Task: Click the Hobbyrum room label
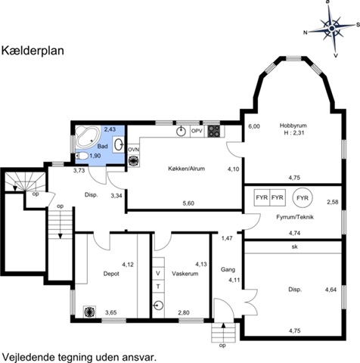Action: coord(293,126)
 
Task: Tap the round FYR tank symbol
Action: coord(303,198)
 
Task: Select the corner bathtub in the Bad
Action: coord(88,136)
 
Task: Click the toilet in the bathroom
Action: coord(82,156)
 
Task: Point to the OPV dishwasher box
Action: coord(197,131)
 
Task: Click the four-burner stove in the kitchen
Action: coord(213,132)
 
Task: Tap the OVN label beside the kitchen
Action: coord(133,150)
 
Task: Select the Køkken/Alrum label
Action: coord(187,169)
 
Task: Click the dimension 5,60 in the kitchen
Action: coord(188,203)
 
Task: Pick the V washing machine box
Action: coord(158,273)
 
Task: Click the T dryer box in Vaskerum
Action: coord(158,287)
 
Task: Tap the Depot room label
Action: coord(111,274)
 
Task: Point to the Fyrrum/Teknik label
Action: coord(295,217)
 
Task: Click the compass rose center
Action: coord(332,28)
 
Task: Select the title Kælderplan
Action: coord(33,51)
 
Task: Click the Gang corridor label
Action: coord(228,270)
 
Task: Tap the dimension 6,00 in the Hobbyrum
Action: coord(254,126)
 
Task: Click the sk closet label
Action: coord(294,247)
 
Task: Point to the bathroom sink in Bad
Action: coord(118,144)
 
